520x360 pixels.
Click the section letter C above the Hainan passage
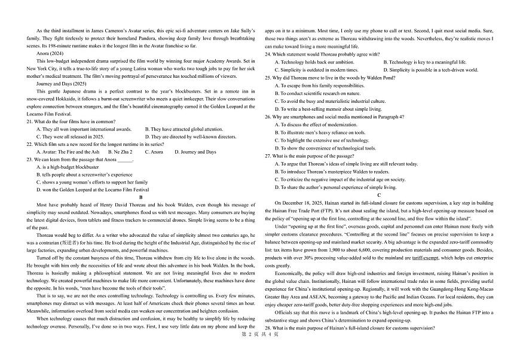point(380,195)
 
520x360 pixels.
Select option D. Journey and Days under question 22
point(195,152)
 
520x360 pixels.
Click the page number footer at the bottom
point(260,351)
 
